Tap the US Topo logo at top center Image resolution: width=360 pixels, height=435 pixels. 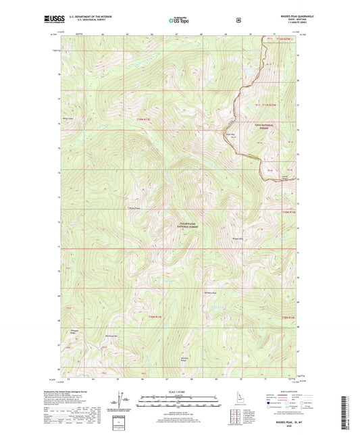pos(179,20)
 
